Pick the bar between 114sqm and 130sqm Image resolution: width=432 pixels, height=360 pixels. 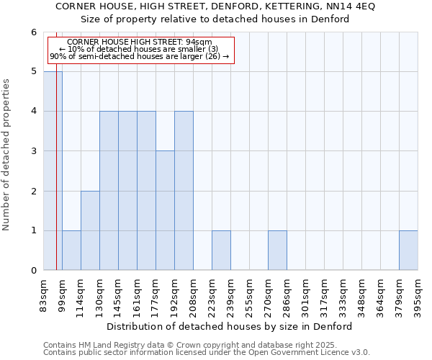(90, 230)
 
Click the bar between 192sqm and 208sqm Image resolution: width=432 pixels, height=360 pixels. (184, 191)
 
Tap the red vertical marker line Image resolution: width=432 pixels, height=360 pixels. (56, 180)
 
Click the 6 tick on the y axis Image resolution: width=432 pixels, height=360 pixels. (33, 32)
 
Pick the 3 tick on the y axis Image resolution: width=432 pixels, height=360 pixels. (33, 151)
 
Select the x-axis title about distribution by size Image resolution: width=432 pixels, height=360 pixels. (234, 326)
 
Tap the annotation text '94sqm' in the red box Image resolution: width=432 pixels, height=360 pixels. (199, 42)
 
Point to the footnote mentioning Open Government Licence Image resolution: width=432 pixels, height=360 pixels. (207, 353)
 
